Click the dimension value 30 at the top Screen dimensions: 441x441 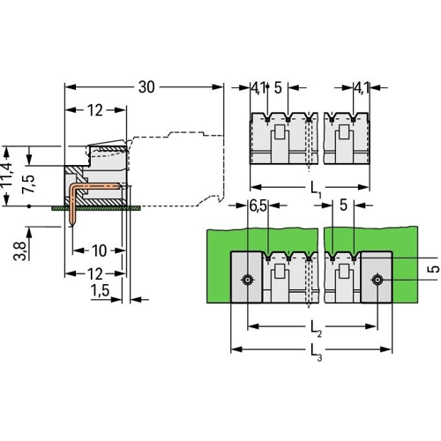pos(146,87)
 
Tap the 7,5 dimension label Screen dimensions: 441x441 pos(28,183)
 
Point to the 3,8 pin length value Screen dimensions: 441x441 pos(20,251)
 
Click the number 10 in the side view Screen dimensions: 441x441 pos(99,250)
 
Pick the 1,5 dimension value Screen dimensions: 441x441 pos(100,290)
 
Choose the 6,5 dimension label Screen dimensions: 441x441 pos(258,206)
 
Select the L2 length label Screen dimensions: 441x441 pos(317,328)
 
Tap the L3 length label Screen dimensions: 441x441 pos(317,352)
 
